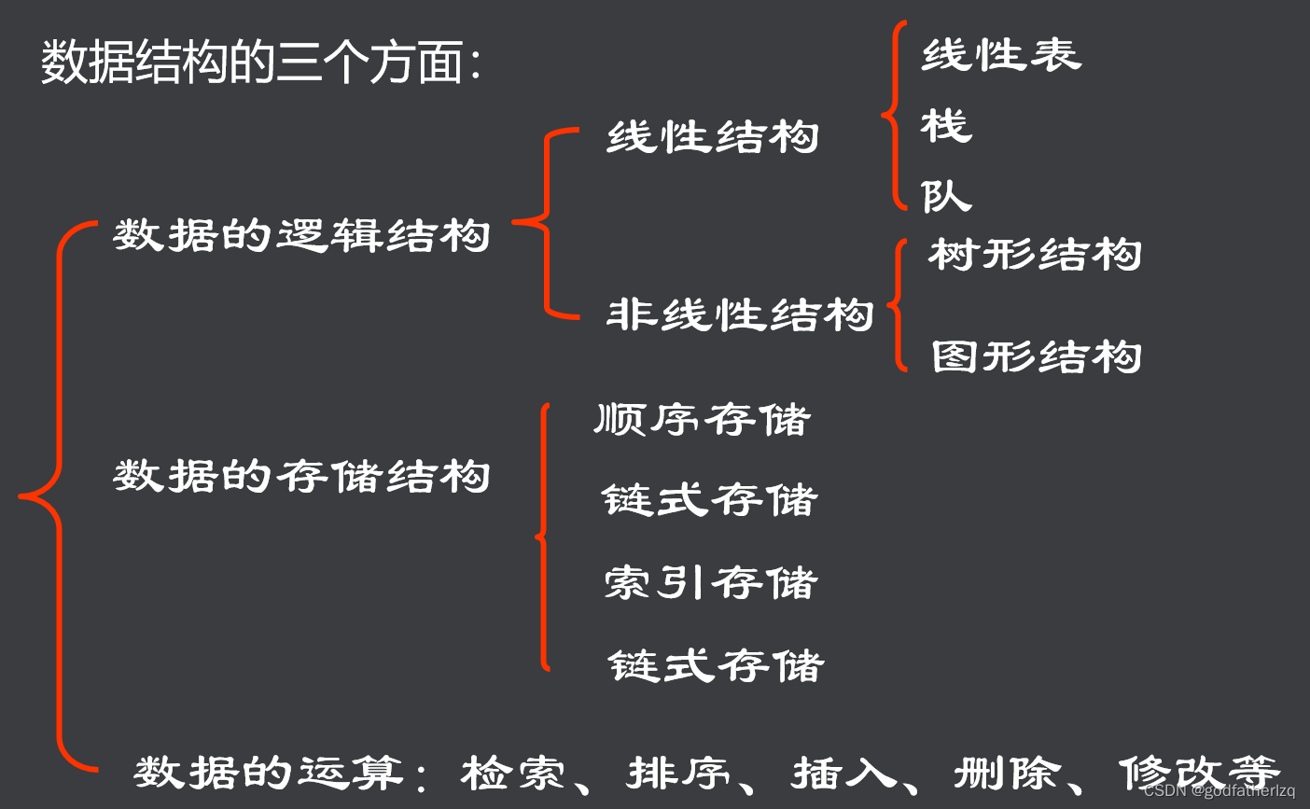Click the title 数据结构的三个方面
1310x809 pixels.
[x=260, y=63]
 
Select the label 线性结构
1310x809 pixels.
[x=713, y=137]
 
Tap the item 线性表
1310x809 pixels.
[x=1001, y=55]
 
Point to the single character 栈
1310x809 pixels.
[x=946, y=125]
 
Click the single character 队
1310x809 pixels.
[x=946, y=195]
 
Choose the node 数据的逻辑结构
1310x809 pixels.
[x=301, y=234]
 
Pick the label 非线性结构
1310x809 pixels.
[x=740, y=314]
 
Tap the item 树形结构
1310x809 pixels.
[x=1035, y=255]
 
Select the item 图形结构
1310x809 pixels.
[x=1036, y=356]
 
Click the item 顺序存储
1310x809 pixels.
[x=703, y=419]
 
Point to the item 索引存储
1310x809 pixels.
[x=711, y=583]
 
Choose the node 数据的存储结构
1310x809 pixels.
[x=301, y=476]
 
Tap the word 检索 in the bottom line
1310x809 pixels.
[x=513, y=773]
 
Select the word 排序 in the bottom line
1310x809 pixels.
[x=678, y=773]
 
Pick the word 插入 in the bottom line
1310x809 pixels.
[x=843, y=773]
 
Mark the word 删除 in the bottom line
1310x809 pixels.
[x=1008, y=773]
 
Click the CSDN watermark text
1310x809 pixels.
[x=1219, y=790]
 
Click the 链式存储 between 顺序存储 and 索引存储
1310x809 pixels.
[x=709, y=500]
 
